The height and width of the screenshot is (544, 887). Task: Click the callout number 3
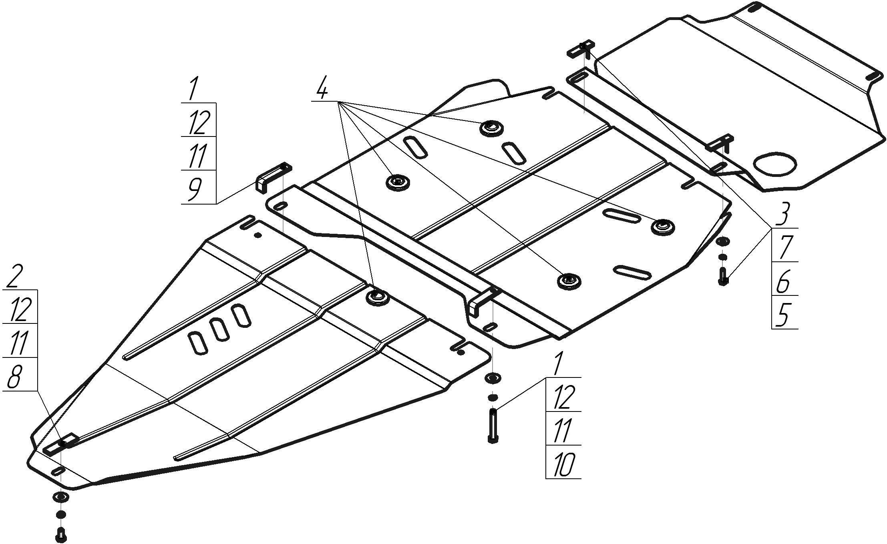[x=783, y=214]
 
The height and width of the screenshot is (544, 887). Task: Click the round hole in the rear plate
[x=774, y=164]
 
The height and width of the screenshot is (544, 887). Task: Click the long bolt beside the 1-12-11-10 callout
[x=493, y=425]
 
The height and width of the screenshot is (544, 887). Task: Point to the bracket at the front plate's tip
[x=60, y=444]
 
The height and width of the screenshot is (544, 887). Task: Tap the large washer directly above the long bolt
[x=493, y=378]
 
